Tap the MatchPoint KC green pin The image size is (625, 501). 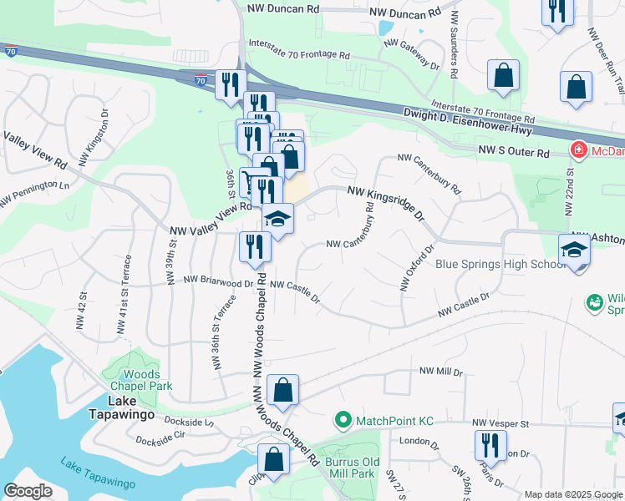point(341,419)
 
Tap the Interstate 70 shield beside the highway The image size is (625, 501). point(200,81)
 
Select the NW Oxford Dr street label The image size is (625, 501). point(419,267)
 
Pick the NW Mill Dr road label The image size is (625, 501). point(440,371)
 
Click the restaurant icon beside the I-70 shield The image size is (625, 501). point(228,84)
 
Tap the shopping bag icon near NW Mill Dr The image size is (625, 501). point(282,390)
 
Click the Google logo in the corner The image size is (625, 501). point(28,491)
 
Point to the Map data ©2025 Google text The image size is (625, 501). point(573,494)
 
